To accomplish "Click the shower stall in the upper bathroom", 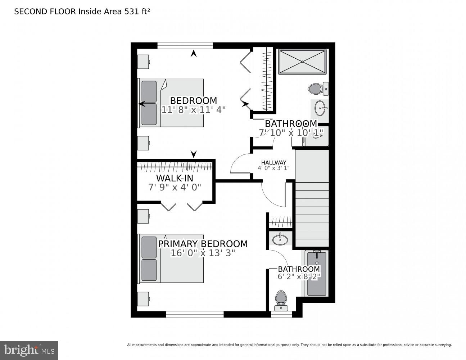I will tap(302, 62).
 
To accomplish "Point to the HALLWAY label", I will tap(273, 162).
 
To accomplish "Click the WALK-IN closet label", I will tap(175, 178).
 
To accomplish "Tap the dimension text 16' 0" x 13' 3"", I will tap(203, 253).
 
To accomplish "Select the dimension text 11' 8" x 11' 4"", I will tap(193, 110).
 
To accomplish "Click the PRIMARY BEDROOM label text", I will tap(203, 244).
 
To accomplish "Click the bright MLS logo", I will tap(29, 350).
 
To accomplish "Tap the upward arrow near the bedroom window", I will tap(194, 54).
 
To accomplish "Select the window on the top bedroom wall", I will tap(185, 45).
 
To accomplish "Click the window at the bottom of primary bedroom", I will tap(195, 314).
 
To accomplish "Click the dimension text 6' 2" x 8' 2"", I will tap(299, 276).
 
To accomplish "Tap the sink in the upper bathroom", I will tap(320, 107).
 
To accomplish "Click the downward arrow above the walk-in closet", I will tap(194, 154).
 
